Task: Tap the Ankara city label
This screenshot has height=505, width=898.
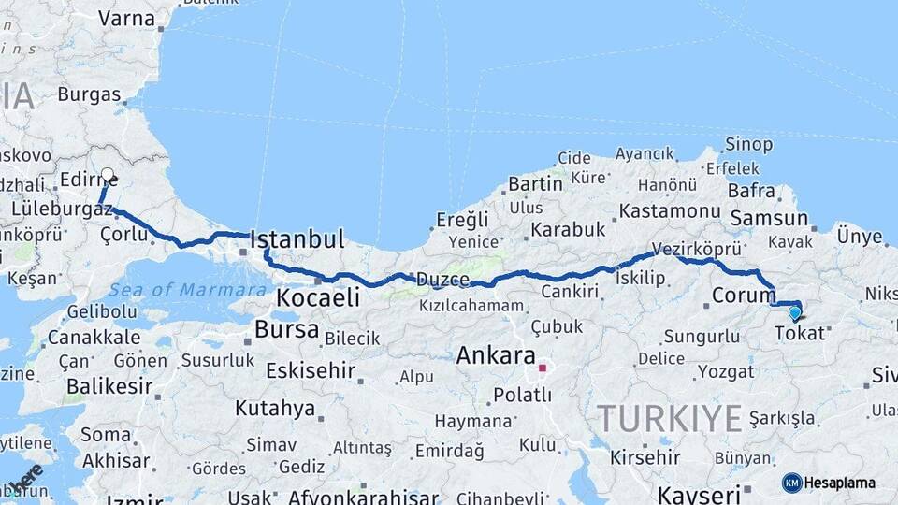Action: point(496,356)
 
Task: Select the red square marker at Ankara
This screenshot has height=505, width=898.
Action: point(542,368)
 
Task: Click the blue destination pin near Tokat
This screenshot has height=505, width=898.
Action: point(795,313)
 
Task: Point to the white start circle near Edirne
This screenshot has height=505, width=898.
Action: point(108,175)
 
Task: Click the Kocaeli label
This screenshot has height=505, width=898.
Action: point(318,298)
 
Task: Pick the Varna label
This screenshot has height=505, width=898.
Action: point(126,18)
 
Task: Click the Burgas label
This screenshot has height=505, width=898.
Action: point(89,94)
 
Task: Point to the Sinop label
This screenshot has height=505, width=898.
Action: point(749,145)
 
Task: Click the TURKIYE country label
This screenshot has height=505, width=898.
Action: point(670,417)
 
